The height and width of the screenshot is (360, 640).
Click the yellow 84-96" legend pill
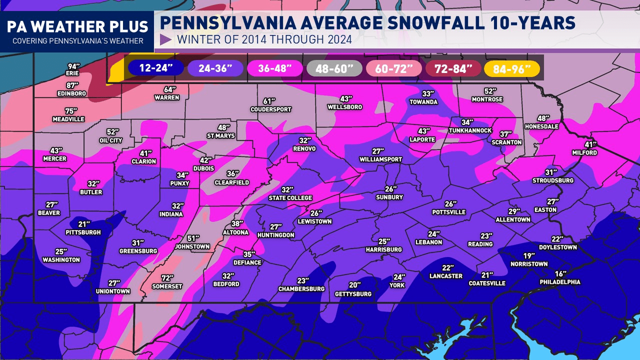[512, 68]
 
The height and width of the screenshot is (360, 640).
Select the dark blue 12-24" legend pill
[155, 68]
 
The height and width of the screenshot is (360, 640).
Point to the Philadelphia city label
[560, 282]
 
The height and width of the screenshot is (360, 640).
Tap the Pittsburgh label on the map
[83, 232]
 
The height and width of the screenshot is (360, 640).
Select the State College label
[290, 198]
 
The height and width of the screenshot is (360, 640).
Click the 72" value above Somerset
[167, 278]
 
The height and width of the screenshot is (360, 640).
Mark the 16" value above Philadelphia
[560, 274]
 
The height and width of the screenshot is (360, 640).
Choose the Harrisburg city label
[383, 249]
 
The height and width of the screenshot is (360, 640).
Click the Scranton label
[506, 142]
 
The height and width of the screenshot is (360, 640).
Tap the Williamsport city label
[380, 159]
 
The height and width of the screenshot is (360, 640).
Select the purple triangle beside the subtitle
[166, 39]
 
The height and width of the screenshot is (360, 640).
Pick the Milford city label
[584, 152]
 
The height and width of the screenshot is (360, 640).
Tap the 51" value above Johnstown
[193, 238]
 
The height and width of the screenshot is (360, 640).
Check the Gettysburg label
[353, 294]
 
